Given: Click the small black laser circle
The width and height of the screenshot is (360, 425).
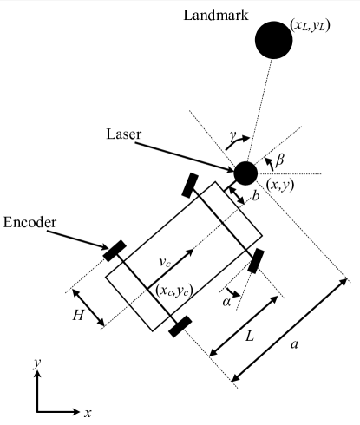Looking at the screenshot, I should (245, 173).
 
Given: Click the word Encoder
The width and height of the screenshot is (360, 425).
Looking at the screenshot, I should (30, 223).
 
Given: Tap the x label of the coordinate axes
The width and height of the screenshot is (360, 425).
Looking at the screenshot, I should (88, 410).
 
